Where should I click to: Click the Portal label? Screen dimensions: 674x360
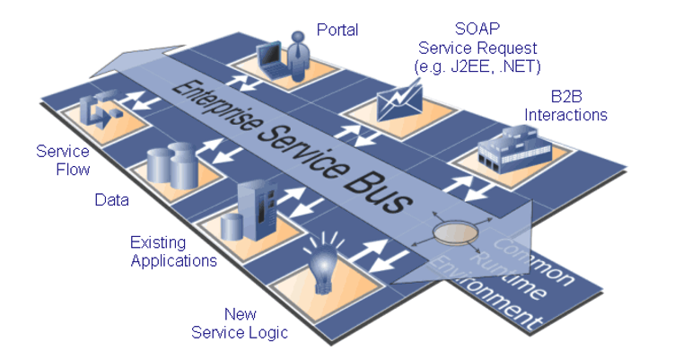tap(337, 30)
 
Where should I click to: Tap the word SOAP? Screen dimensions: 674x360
tap(477, 29)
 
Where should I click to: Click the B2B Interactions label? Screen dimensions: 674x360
tap(565, 106)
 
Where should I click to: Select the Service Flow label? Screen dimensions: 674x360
tap(63, 160)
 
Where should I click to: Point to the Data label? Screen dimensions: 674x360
tap(112, 199)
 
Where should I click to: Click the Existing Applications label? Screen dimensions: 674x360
tap(173, 251)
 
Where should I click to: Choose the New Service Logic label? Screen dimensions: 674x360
tap(240, 323)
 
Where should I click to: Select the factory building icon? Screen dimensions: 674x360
tap(514, 149)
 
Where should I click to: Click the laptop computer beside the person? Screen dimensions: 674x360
tap(270, 60)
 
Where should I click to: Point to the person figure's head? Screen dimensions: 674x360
tap(297, 37)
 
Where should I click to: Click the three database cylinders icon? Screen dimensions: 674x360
tap(173, 166)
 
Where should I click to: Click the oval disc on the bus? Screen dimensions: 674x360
tap(456, 233)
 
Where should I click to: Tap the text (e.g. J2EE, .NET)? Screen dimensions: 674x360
tap(477, 66)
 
